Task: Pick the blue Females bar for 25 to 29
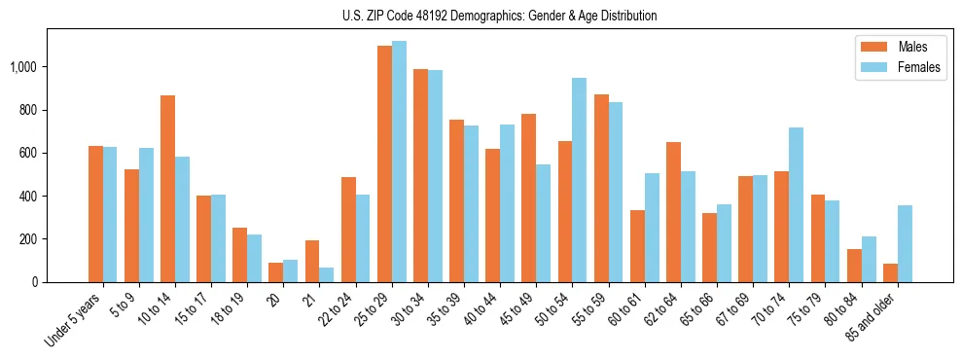tap(399, 162)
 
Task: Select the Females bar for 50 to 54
tap(580, 180)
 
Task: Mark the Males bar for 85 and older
tap(890, 272)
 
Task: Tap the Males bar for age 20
tap(276, 272)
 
